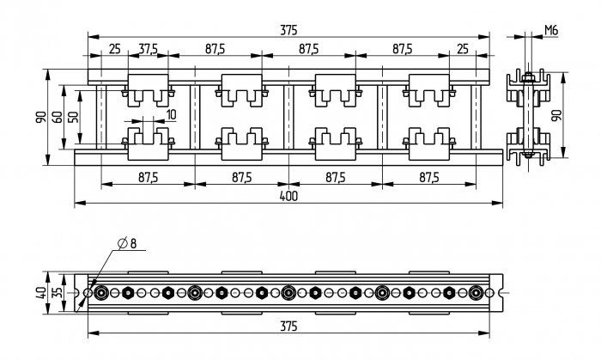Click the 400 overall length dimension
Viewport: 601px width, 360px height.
coord(288,196)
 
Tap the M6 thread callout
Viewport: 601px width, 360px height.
coord(551,30)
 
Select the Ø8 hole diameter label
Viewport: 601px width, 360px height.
coord(127,243)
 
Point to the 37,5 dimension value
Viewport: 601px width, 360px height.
coord(148,49)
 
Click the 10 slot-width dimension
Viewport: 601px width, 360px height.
coord(172,114)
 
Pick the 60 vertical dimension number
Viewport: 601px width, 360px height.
coord(58,117)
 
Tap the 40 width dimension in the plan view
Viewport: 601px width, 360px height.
coord(42,293)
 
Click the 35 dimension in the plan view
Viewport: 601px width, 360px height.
coord(58,293)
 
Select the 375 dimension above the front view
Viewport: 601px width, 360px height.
coord(288,30)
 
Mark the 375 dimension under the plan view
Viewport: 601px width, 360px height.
coord(288,326)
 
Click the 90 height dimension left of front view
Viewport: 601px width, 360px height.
coord(41,117)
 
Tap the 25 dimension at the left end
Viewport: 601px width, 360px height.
coord(114,49)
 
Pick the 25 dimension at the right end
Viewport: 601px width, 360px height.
coord(463,49)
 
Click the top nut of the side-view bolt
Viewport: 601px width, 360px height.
coord(528,78)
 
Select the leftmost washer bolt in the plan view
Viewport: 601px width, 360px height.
coord(101,293)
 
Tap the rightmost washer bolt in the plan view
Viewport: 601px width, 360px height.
coord(476,293)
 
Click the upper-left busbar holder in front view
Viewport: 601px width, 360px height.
coord(148,90)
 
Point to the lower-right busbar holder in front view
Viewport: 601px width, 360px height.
coord(429,143)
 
